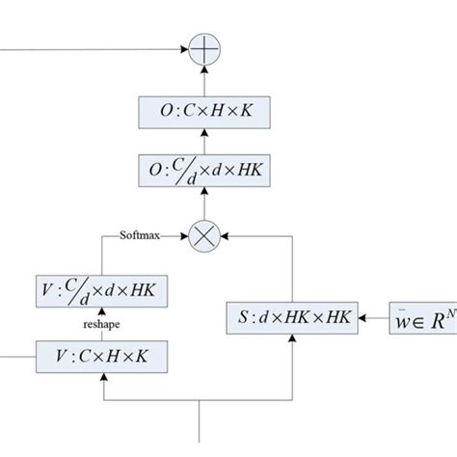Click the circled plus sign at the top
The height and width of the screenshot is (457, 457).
pos(203,46)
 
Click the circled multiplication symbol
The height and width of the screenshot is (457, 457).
pos(203,235)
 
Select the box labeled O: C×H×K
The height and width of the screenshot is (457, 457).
pos(204,113)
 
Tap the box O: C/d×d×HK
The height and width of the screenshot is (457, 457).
pos(204,170)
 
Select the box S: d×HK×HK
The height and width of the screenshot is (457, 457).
pos(293,316)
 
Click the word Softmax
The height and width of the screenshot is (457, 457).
pos(141,234)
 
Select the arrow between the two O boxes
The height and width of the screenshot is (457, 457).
pos(204,141)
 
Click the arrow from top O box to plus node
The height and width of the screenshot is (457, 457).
pos(203,79)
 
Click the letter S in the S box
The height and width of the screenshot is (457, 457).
pos(245,316)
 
